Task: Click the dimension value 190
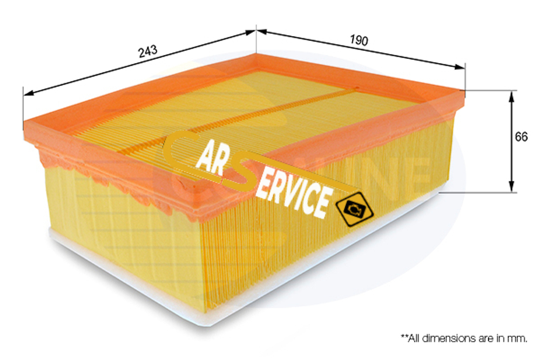(x=359, y=40)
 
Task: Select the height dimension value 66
(x=521, y=137)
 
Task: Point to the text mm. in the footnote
(x=518, y=338)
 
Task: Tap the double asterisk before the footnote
(x=403, y=337)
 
